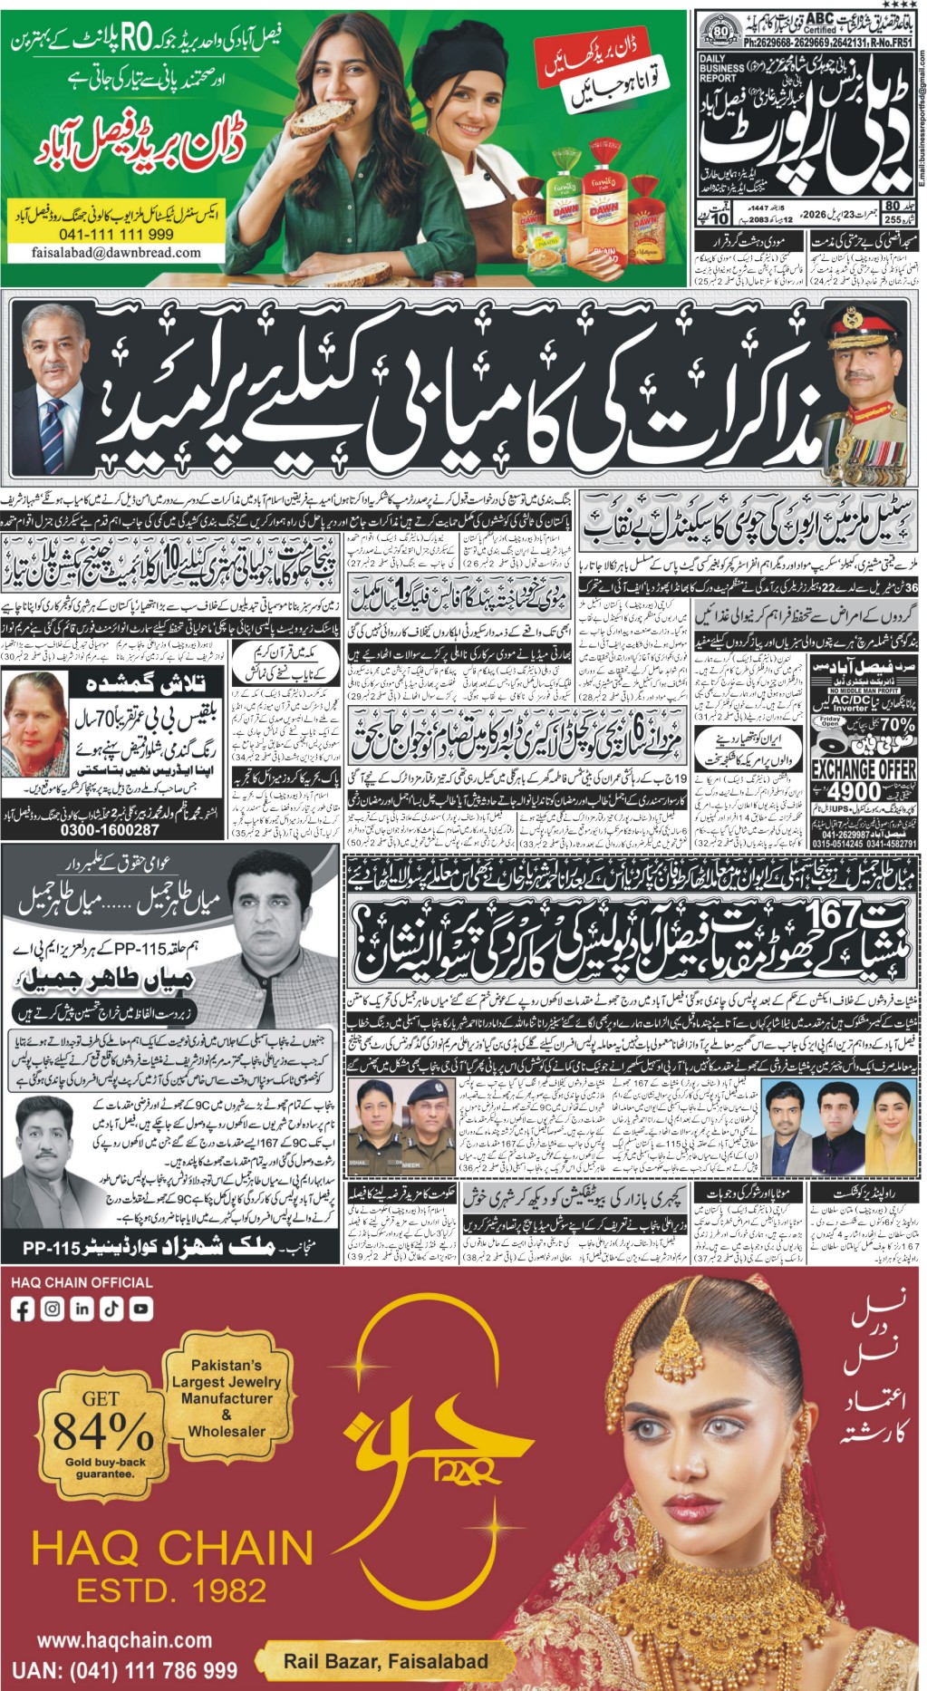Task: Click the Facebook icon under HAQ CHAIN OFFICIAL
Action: tap(24, 1309)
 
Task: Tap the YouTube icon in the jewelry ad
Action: tap(140, 1309)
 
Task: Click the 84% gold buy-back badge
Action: tap(102, 1433)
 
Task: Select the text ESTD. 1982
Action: tap(171, 1590)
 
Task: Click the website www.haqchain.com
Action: tap(124, 1640)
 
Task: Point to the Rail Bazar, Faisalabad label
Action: tap(385, 1661)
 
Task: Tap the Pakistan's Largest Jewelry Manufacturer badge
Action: tap(227, 1397)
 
